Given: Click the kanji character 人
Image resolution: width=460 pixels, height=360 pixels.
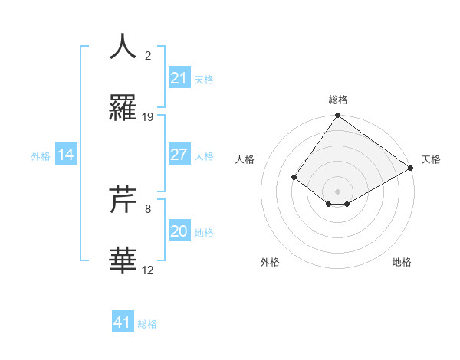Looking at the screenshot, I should tap(123, 47).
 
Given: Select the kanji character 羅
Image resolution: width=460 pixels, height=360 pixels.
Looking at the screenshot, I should tap(123, 109).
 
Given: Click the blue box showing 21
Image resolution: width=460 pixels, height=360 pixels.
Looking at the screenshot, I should tap(179, 77).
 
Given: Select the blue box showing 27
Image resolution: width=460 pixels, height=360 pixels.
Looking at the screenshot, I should tap(179, 155).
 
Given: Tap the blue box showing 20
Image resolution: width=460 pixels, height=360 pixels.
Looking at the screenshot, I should tap(179, 231).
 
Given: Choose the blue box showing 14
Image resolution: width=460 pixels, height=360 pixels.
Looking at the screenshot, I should tap(66, 155).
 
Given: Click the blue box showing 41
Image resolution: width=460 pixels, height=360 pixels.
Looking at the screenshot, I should tap(123, 322).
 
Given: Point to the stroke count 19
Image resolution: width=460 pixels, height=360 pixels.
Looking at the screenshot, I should tap(148, 117).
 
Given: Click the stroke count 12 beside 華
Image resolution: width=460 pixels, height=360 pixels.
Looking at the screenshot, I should tap(148, 270).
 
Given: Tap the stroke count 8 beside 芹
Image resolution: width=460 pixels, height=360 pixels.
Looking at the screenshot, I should tap(148, 208).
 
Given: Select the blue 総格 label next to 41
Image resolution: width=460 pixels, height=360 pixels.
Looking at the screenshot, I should tap(147, 324).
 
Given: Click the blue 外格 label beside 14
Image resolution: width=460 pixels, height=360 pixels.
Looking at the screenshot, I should tap(41, 156).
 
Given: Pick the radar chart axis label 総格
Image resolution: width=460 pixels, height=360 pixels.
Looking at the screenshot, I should tap(338, 100).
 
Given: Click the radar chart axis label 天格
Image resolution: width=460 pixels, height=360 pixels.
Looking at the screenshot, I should tap(431, 159).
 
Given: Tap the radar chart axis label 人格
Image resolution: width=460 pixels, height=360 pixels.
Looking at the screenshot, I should tap(245, 159).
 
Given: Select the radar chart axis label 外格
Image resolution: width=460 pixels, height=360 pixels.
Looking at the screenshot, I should tap(270, 262).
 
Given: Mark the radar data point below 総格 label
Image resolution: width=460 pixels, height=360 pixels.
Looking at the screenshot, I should tap(338, 116).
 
